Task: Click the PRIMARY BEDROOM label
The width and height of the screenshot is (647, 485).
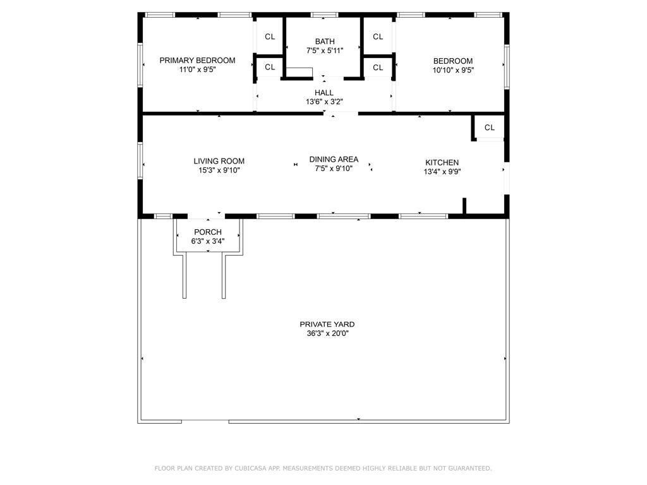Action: [197, 61]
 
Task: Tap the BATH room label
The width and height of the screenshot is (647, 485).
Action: [325, 42]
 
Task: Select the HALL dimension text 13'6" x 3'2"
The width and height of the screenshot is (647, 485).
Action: [324, 102]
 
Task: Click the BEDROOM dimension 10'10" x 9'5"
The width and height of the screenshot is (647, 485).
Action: [452, 70]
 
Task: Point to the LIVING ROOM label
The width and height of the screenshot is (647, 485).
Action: [219, 161]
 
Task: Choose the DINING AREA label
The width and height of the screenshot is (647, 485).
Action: [334, 159]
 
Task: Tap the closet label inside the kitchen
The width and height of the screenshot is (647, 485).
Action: [490, 128]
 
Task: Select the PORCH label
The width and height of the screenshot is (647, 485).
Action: [208, 232]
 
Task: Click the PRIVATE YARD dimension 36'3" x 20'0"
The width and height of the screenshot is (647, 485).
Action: [327, 333]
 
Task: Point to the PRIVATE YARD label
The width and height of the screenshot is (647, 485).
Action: [327, 325]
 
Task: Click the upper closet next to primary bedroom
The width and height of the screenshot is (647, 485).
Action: [270, 37]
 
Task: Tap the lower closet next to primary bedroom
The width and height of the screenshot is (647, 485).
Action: [270, 68]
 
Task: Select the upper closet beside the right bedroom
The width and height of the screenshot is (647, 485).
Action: [378, 37]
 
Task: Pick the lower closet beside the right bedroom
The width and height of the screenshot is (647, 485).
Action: [378, 68]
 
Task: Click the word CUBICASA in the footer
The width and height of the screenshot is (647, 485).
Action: [250, 469]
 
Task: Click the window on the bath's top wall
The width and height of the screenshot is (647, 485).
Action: [324, 15]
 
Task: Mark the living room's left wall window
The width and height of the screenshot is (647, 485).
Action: [140, 161]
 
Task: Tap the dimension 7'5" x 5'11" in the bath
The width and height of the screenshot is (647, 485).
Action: [325, 51]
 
